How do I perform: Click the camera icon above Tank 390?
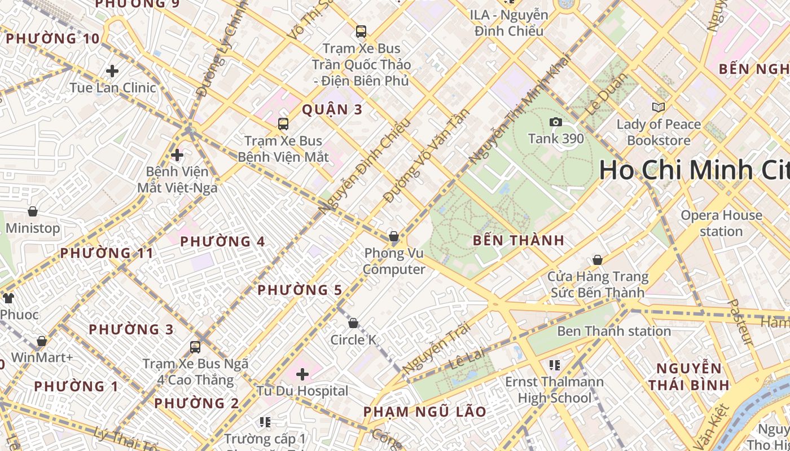pos(555,122)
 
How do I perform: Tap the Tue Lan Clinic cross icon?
pos(112,71)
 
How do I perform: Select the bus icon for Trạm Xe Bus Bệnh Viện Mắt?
pos(283,124)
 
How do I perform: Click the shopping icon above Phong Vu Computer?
pos(393,236)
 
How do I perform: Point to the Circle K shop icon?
pos(353,323)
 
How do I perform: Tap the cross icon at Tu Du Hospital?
pos(302,374)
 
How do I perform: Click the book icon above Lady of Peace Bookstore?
pos(658,107)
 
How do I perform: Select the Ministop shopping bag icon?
pos(33,211)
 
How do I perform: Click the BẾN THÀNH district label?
pos(519,241)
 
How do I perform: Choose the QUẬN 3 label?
pos(332,110)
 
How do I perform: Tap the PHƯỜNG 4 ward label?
pos(222,242)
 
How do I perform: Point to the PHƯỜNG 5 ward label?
pos(300,290)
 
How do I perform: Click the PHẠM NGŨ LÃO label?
pos(424,412)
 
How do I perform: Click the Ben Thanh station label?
pos(613,331)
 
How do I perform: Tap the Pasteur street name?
pos(740,322)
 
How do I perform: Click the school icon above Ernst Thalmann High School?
pos(554,365)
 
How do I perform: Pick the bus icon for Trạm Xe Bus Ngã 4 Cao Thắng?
pos(195,347)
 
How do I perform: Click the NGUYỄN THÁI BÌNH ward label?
pos(688,377)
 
